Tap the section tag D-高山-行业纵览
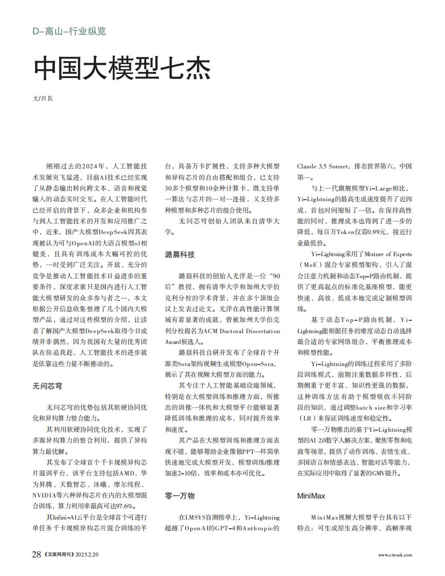[69, 31]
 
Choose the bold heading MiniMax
[311, 496]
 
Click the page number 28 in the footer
[36, 555]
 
